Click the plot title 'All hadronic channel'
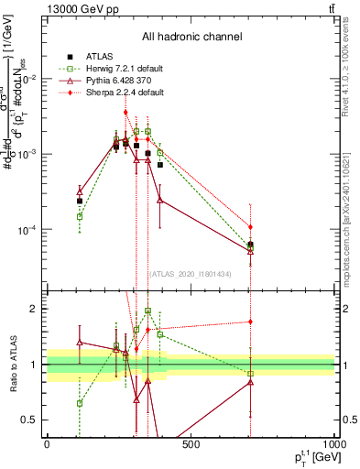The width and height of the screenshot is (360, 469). point(191,37)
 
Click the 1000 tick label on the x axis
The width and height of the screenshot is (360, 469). point(333,445)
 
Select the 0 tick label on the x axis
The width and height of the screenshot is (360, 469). point(47,445)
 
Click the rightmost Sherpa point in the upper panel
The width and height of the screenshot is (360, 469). point(250,226)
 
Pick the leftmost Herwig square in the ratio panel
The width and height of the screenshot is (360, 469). point(80,403)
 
